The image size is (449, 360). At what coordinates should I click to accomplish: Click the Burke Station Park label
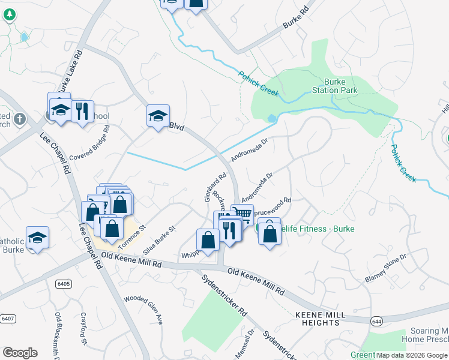point(340,86)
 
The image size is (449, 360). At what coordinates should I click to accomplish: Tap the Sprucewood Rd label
point(272,202)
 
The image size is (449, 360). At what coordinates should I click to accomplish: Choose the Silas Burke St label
point(158,239)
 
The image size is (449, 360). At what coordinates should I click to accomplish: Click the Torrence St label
point(131,236)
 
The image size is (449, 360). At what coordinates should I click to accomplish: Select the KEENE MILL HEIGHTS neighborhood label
point(318,319)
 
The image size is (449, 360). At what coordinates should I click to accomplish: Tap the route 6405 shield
point(62,283)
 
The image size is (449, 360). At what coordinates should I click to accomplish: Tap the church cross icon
point(19,118)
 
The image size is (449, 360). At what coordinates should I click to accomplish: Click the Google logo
point(20,352)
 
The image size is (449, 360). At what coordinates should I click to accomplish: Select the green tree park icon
point(9,15)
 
